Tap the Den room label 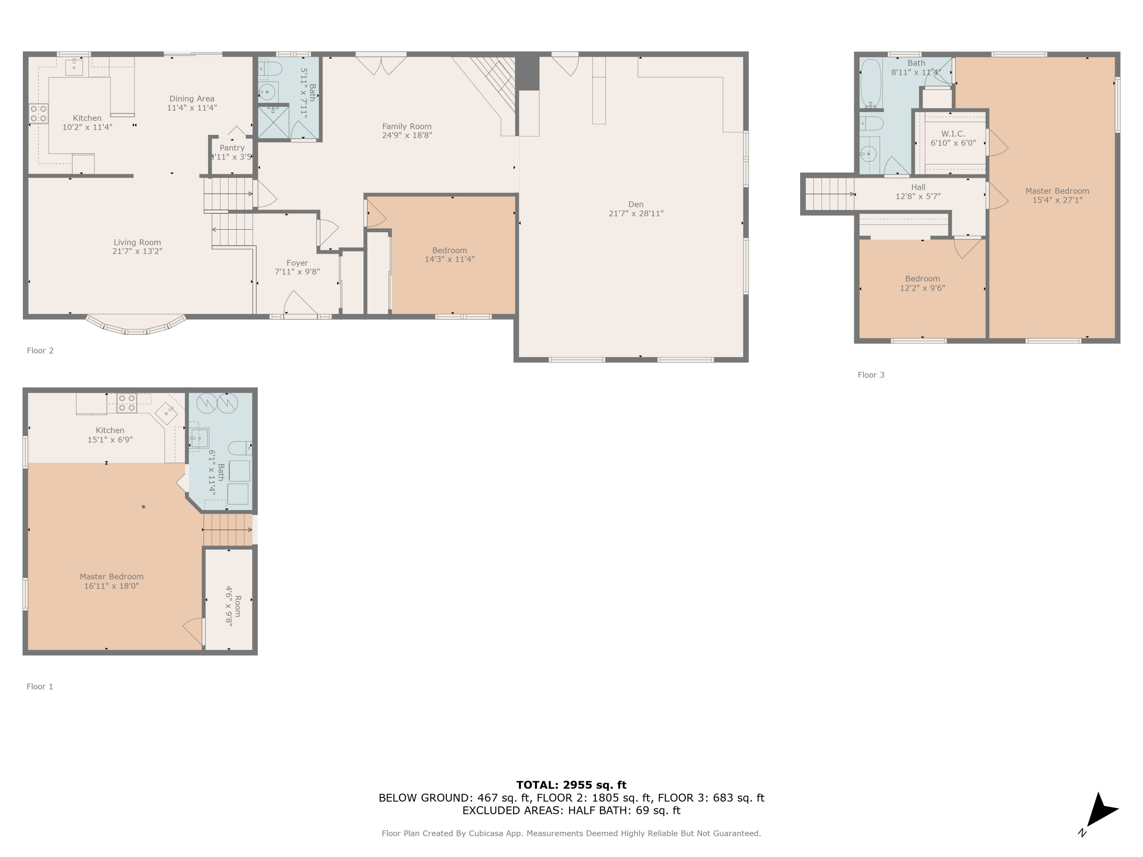point(636,205)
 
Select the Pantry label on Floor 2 point(232,148)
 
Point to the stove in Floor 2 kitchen point(38,114)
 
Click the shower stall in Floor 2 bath point(273,122)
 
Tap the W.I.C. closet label point(953,134)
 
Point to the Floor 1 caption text point(40,686)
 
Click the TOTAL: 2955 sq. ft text point(571,785)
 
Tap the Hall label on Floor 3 point(918,187)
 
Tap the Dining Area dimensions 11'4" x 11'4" point(192,108)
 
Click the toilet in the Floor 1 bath point(239,448)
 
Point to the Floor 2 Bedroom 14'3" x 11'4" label point(449,255)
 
